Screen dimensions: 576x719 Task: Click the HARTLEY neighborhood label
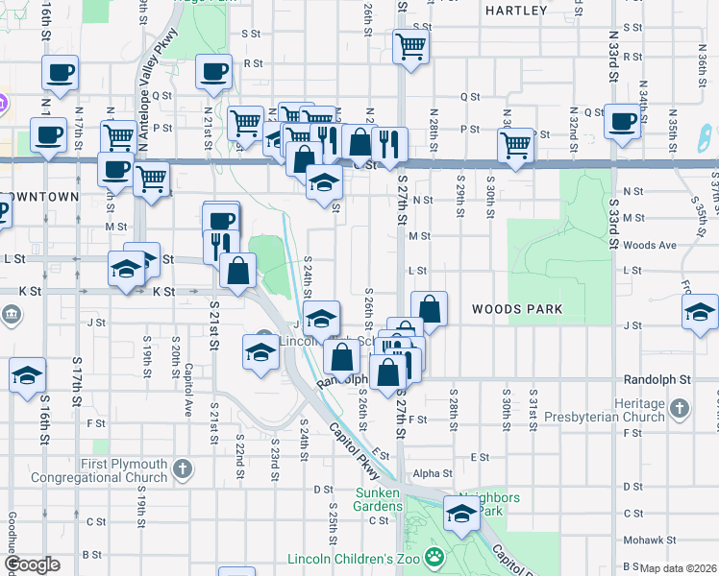coord(516,11)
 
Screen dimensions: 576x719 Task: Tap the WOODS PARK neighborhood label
coord(516,309)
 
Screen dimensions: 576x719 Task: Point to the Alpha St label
coord(432,473)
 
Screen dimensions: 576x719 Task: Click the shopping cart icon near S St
coord(410,46)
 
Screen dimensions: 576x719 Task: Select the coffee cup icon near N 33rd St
coord(622,123)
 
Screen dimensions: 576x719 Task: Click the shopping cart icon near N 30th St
coord(516,146)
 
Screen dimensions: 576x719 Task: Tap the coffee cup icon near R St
coord(213,71)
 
